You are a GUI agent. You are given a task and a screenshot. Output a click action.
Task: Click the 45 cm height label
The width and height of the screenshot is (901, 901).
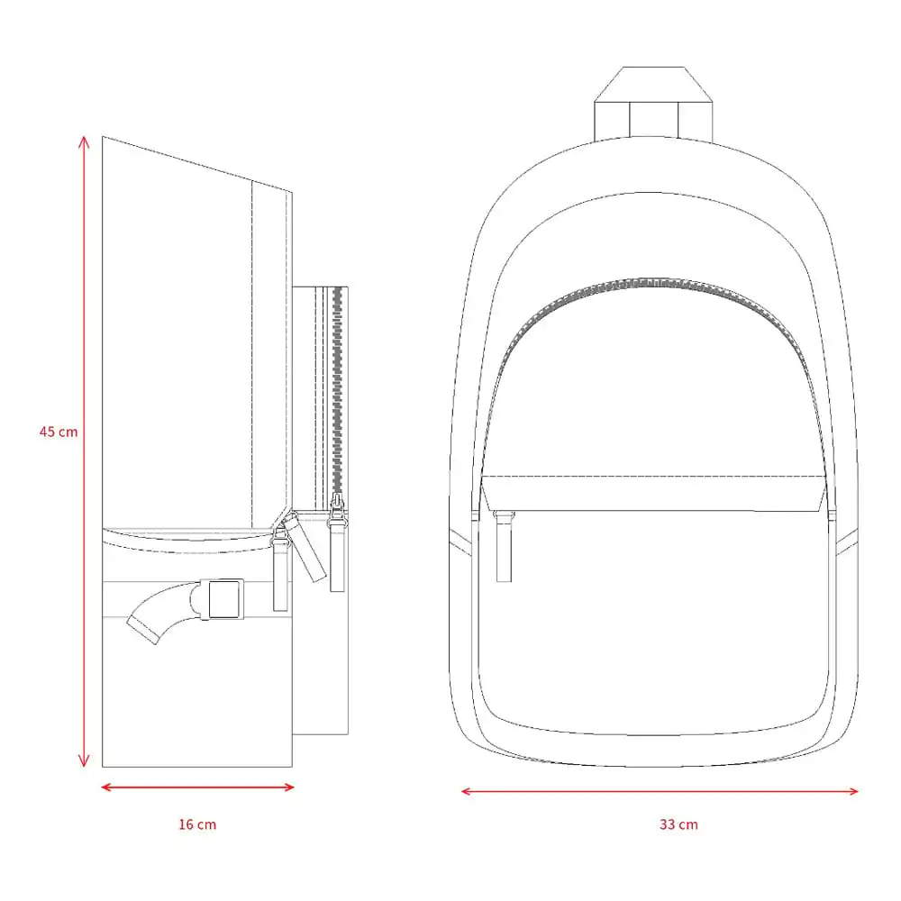pyautogui.click(x=59, y=432)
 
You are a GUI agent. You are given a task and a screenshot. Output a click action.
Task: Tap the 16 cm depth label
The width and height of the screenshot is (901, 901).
pyautogui.click(x=197, y=824)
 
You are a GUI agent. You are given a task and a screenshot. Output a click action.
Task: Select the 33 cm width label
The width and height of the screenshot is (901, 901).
pyautogui.click(x=678, y=824)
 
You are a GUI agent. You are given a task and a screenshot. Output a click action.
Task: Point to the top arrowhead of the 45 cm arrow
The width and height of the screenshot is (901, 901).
pyautogui.click(x=84, y=141)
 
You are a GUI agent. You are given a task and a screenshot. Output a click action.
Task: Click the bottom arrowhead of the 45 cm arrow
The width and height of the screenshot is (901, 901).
pyautogui.click(x=84, y=761)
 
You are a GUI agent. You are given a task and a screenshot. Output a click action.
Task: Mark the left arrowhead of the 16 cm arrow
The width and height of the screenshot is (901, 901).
pyautogui.click(x=107, y=787)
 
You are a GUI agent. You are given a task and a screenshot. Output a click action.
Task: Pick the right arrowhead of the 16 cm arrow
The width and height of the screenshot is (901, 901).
pyautogui.click(x=288, y=787)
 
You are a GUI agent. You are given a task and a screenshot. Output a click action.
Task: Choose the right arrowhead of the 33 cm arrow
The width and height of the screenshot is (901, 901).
pyautogui.click(x=852, y=791)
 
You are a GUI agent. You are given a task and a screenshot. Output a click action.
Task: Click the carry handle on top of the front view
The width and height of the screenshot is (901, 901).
pyautogui.click(x=653, y=104)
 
